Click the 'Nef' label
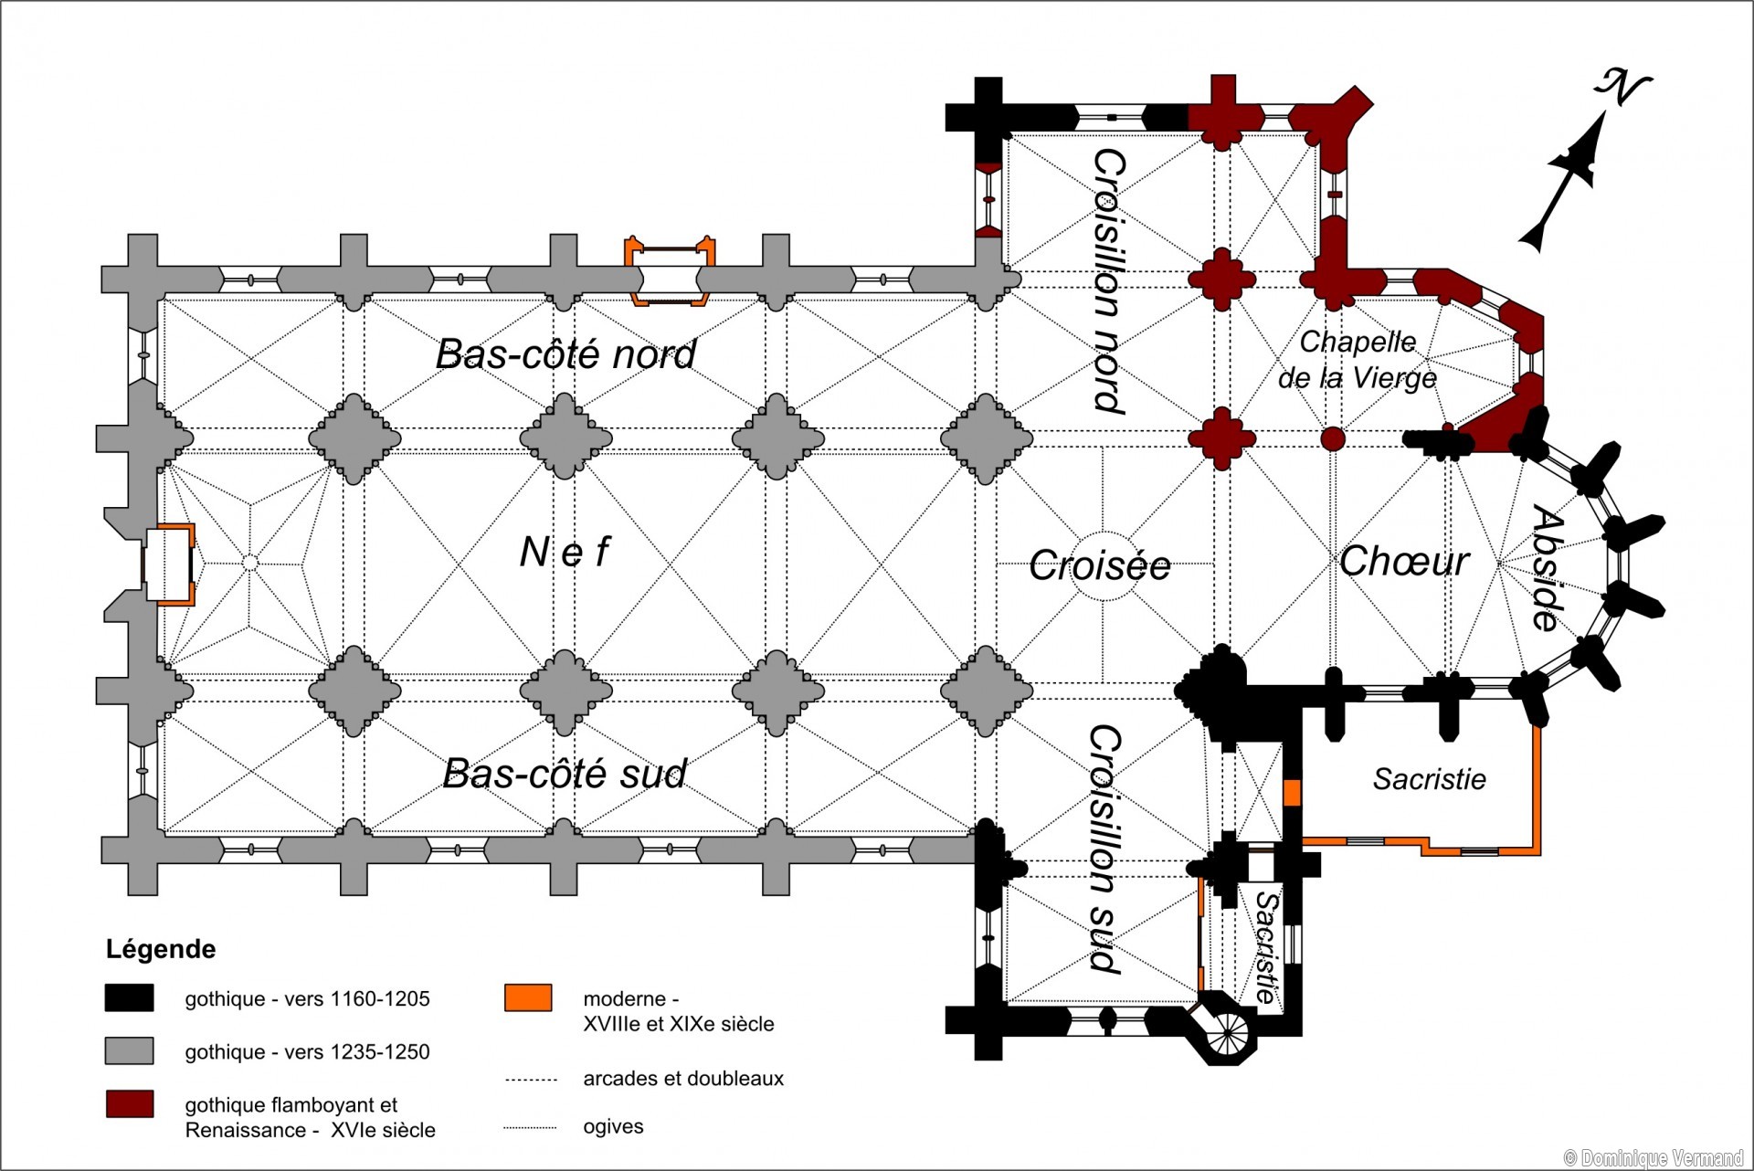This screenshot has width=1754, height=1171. click(565, 552)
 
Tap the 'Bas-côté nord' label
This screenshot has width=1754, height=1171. click(565, 354)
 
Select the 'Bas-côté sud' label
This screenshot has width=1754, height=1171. click(565, 774)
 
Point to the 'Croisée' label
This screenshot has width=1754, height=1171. click(1100, 565)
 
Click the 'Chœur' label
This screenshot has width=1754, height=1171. click(1404, 561)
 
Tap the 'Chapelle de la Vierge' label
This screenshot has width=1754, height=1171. click(1358, 360)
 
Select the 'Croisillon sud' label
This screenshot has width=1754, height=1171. click(1105, 849)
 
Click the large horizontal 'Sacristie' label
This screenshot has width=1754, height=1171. click(1429, 779)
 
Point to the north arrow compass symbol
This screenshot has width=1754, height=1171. click(1580, 164)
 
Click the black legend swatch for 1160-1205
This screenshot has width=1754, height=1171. click(129, 998)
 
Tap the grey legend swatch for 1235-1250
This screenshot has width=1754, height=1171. click(129, 1051)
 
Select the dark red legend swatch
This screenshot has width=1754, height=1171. click(129, 1104)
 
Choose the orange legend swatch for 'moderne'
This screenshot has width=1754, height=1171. click(528, 997)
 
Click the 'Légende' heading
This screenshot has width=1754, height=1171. click(161, 949)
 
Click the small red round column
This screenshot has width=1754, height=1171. click(1333, 438)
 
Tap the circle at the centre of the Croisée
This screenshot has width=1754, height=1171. click(1103, 566)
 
